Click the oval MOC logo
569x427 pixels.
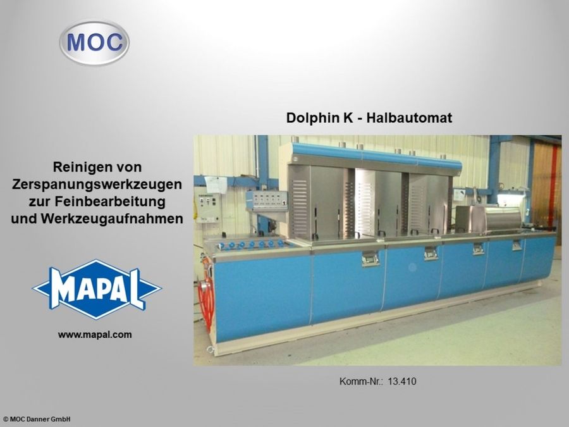[94, 42]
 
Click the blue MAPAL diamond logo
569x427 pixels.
[97, 289]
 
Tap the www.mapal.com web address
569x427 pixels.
[95, 335]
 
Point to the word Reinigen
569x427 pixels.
[75, 168]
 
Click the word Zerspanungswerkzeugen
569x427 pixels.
[97, 185]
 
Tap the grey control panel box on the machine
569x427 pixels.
[266, 201]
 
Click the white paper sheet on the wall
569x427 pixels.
[216, 183]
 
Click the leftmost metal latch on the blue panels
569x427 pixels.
[370, 258]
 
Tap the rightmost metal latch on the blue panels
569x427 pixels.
[517, 245]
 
